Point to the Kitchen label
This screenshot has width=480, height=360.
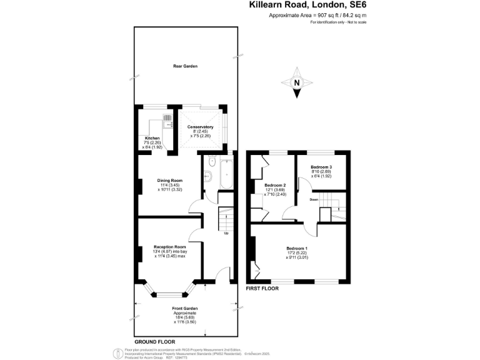[x=152, y=138]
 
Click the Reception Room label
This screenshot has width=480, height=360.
[x=170, y=247]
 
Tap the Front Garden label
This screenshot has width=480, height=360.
[x=185, y=308]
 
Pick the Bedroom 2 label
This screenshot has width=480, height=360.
[x=275, y=186]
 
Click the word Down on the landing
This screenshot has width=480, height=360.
[x=314, y=200]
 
